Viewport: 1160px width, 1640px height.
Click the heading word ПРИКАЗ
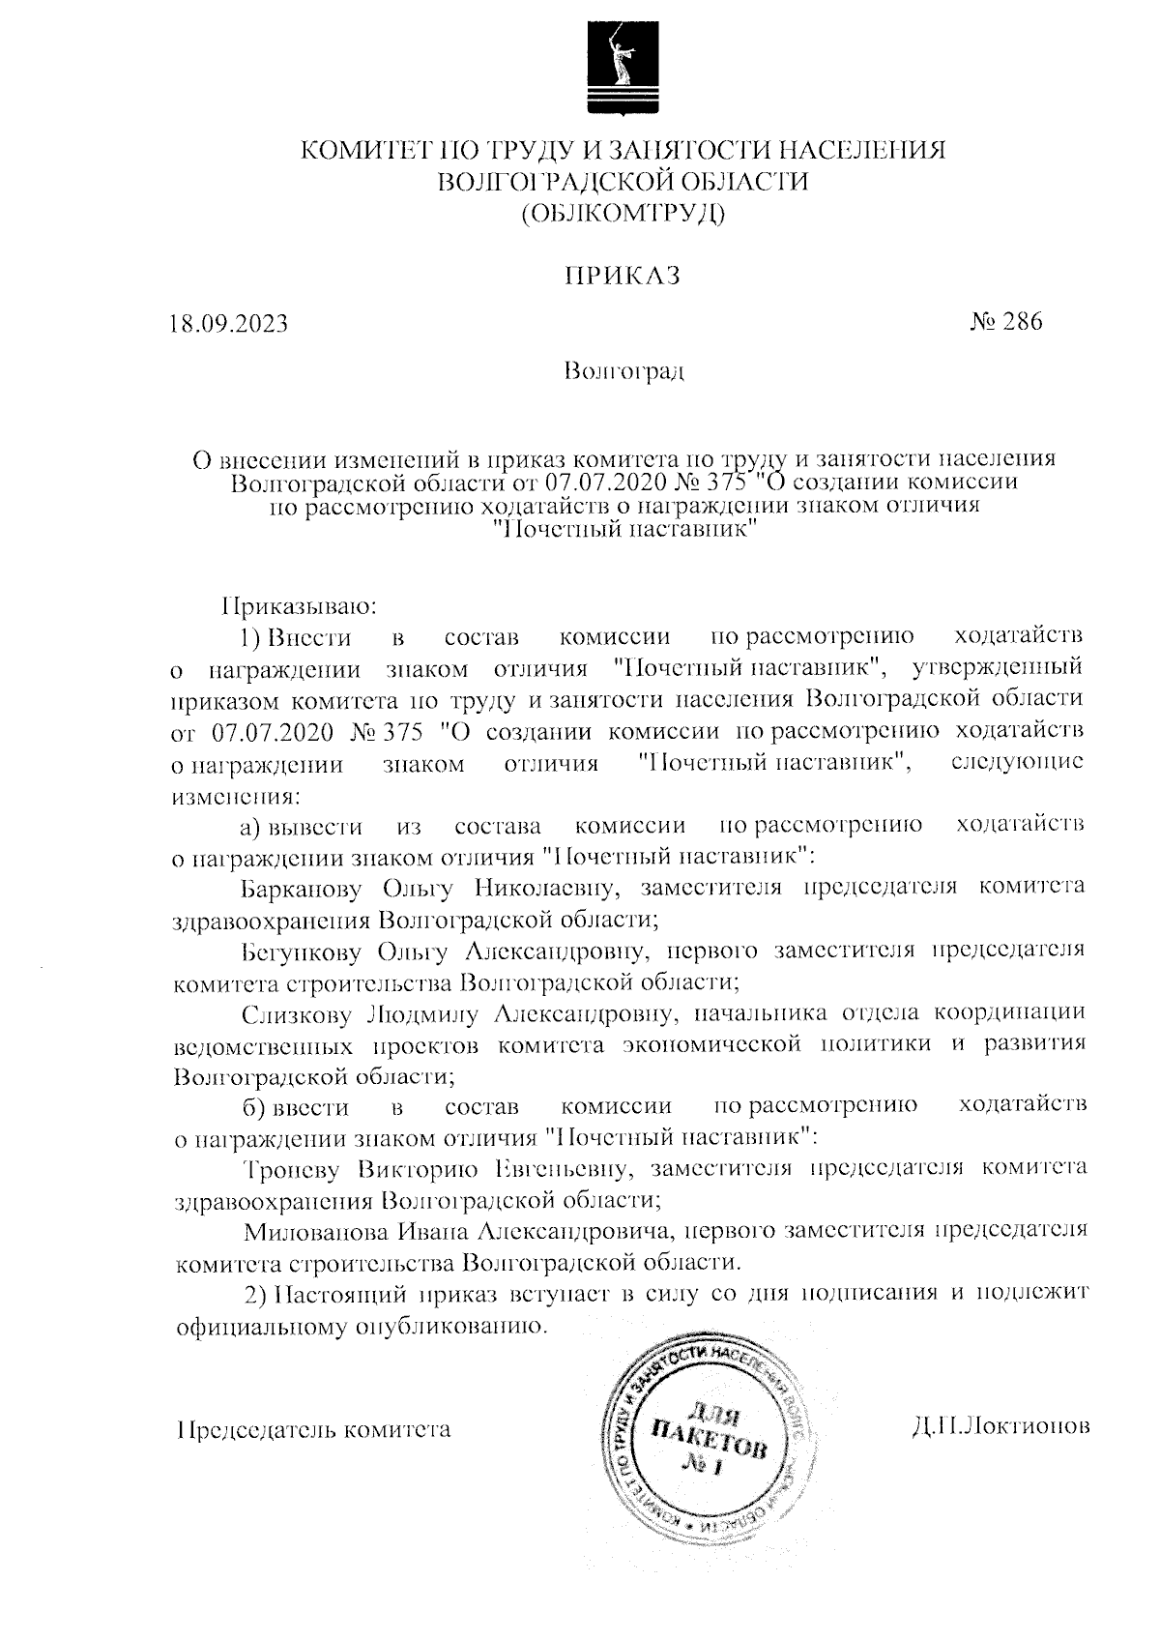click(623, 277)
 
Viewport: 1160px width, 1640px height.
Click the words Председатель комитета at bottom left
click(314, 1429)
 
